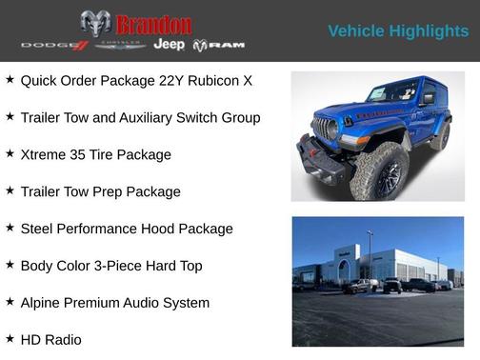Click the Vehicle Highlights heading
click(x=398, y=31)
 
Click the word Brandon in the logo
click(x=152, y=24)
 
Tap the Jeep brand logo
click(x=170, y=45)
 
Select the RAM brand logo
click(x=219, y=45)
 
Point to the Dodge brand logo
click(x=54, y=45)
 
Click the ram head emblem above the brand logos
click(x=95, y=23)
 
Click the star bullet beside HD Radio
click(x=10, y=338)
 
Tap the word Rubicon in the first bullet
click(x=193, y=80)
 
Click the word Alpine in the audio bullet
click(x=43, y=303)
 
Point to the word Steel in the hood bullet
click(x=38, y=229)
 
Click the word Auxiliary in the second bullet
click(x=164, y=117)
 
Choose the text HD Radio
click(x=50, y=340)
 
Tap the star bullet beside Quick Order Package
click(x=10, y=79)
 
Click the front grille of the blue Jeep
click(x=325, y=130)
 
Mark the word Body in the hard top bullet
click(x=38, y=266)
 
